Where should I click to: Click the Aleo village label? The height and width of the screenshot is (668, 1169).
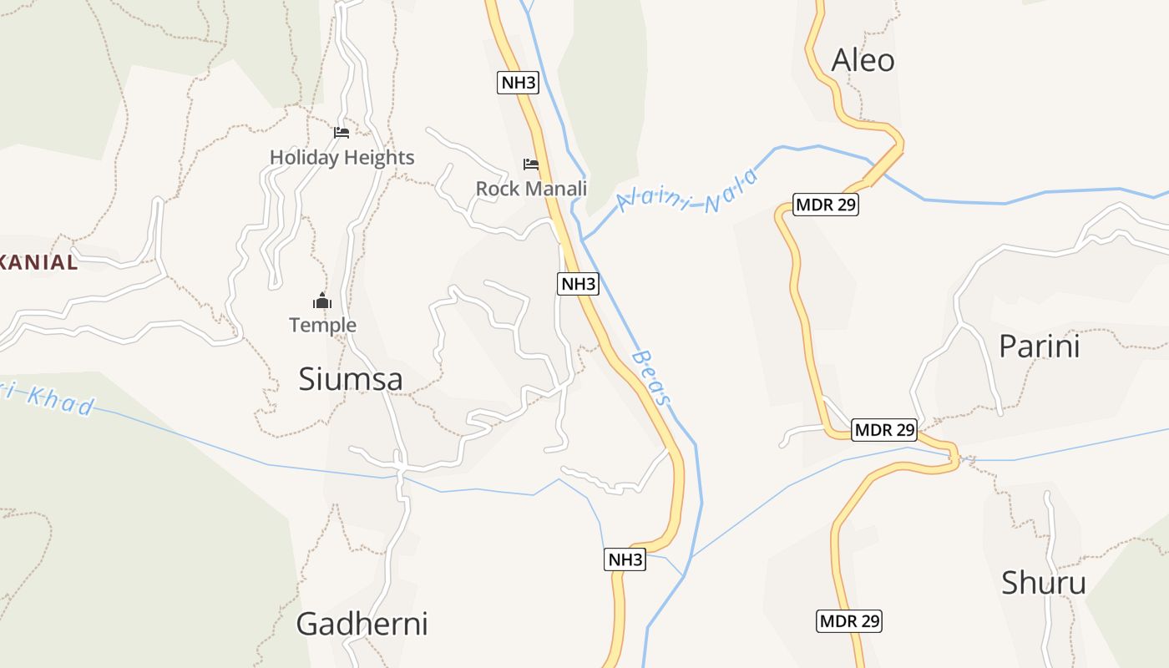coord(863,60)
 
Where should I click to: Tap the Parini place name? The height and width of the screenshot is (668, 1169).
coord(1039,346)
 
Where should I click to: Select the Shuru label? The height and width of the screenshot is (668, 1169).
coord(1043,582)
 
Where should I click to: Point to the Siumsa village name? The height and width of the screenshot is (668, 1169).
coord(351,379)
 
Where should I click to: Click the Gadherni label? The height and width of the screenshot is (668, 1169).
coord(362,623)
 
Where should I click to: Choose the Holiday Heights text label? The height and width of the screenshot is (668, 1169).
coord(342,157)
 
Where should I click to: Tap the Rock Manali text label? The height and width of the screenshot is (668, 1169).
coord(531,189)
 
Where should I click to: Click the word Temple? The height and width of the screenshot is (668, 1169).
coord(322,325)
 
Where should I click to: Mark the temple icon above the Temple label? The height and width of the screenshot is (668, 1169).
coord(322,301)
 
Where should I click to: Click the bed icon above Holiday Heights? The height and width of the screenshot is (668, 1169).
coord(341,132)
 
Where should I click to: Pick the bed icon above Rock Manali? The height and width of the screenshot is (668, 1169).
coord(530,164)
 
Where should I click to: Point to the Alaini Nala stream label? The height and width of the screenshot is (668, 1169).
coord(687,192)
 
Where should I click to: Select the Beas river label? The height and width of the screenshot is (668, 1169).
coord(651,377)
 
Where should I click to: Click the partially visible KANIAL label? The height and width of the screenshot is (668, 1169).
coord(38,262)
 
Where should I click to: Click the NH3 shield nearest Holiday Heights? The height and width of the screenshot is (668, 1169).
coord(518,83)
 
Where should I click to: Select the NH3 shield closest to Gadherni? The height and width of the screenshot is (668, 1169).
coord(625,559)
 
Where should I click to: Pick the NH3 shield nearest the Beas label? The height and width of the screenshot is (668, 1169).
coord(578,284)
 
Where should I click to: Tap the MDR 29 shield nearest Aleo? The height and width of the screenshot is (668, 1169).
coord(825,205)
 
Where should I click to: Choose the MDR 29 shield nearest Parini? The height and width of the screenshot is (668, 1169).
coord(884,430)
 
